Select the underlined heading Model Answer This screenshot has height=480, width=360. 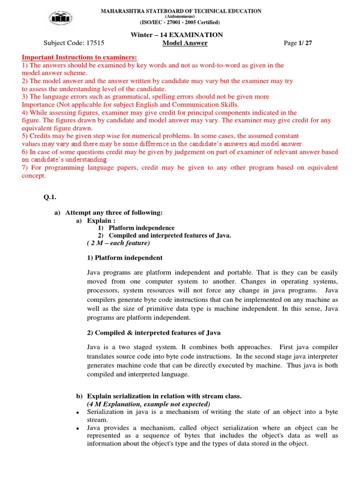click(185, 44)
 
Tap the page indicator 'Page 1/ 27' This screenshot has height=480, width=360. click(298, 44)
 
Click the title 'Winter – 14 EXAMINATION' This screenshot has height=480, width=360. click(180, 35)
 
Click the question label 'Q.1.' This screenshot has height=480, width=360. click(50, 197)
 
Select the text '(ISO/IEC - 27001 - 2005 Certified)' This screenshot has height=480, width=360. click(180, 22)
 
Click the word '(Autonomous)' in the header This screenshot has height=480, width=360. click(180, 16)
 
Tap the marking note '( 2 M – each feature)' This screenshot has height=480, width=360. click(118, 243)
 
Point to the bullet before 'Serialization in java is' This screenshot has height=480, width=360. click(77, 413)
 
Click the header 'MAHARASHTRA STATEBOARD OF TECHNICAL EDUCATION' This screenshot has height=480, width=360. click(181, 11)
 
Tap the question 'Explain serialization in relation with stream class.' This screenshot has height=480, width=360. click(164, 396)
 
